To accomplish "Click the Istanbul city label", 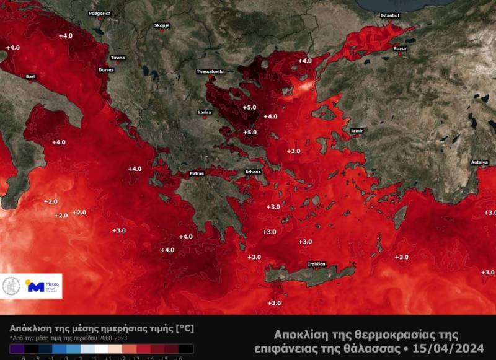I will pos(390,15).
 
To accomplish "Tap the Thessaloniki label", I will pos(210,71).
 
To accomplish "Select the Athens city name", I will pos(253,171).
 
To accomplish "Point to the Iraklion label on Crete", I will pos(316,264).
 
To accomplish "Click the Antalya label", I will pos(479,162).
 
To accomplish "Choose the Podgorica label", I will pos(100,13).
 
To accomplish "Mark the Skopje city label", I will pos(162,25).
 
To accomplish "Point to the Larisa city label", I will pos(205,112).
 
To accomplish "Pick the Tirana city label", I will pos(118,58).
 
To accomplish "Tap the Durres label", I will pos(106,70).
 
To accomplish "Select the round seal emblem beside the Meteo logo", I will pos(11,286).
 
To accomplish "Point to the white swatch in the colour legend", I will pos(102,348).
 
